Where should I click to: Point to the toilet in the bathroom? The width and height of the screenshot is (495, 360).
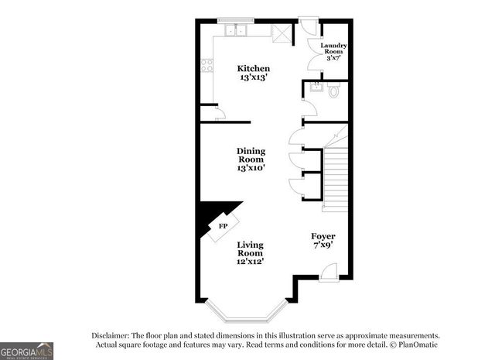pos(334,91)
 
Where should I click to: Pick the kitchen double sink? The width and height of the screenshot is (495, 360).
pos(235,32)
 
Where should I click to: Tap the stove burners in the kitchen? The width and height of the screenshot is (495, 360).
pos(207,66)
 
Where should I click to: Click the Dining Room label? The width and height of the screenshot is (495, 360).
pos(251,155)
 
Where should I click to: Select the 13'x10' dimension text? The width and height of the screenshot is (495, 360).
pos(251,167)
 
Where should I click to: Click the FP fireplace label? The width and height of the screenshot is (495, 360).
pos(223,226)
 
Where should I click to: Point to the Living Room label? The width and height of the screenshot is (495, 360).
pos(250,248)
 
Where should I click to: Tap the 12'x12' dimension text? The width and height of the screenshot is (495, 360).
pos(250,262)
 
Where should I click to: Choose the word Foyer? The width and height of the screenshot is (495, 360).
pos(323,235)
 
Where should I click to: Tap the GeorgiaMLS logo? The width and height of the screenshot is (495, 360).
pos(26,350)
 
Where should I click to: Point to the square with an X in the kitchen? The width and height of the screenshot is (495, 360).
pos(279,32)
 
